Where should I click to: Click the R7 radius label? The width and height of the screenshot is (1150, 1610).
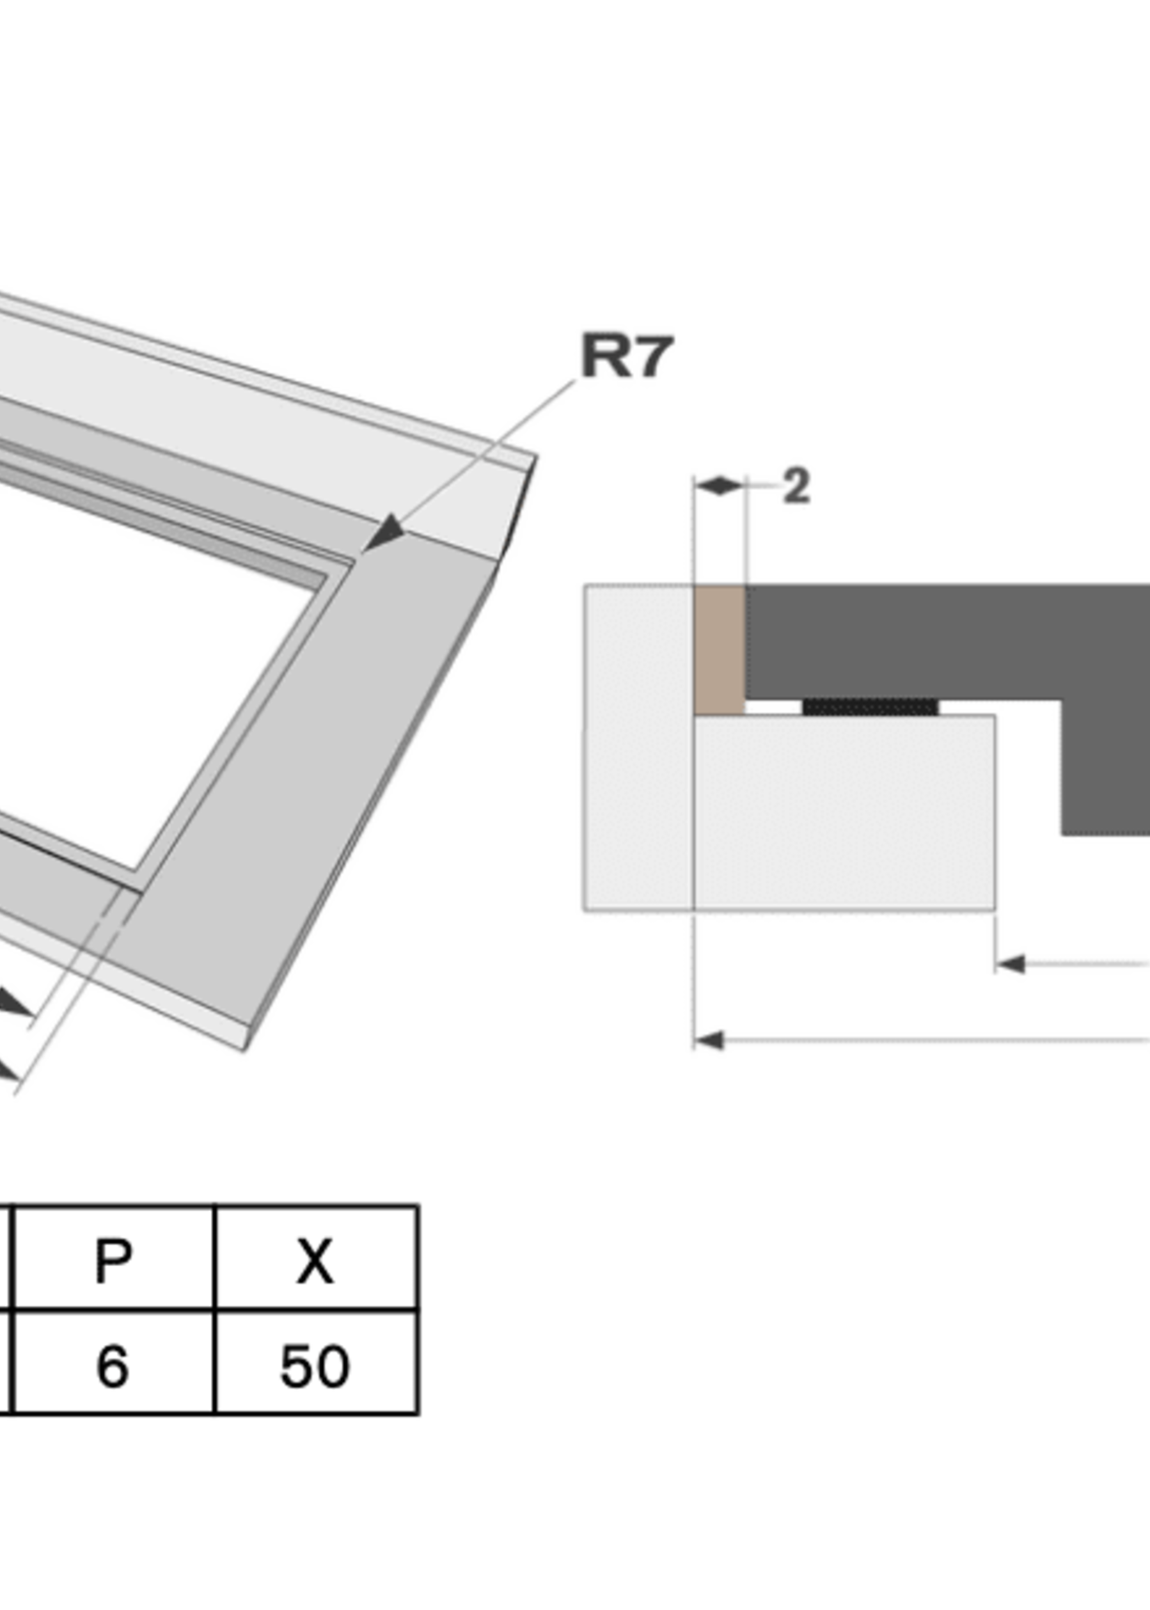tap(627, 356)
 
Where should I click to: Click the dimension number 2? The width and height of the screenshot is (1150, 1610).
tap(796, 487)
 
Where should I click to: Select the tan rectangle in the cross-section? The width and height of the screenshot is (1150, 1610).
tap(718, 649)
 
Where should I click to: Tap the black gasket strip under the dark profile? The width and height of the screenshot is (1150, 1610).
tap(870, 706)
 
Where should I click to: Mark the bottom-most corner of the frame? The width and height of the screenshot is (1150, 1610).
tap(245, 1050)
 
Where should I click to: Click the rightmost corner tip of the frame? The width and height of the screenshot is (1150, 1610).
tap(535, 459)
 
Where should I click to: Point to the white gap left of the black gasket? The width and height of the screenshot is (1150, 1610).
tap(773, 707)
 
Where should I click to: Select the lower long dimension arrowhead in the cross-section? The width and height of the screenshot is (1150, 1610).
tap(708, 1040)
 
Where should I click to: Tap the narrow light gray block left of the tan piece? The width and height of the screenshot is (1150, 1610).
tap(638, 747)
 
